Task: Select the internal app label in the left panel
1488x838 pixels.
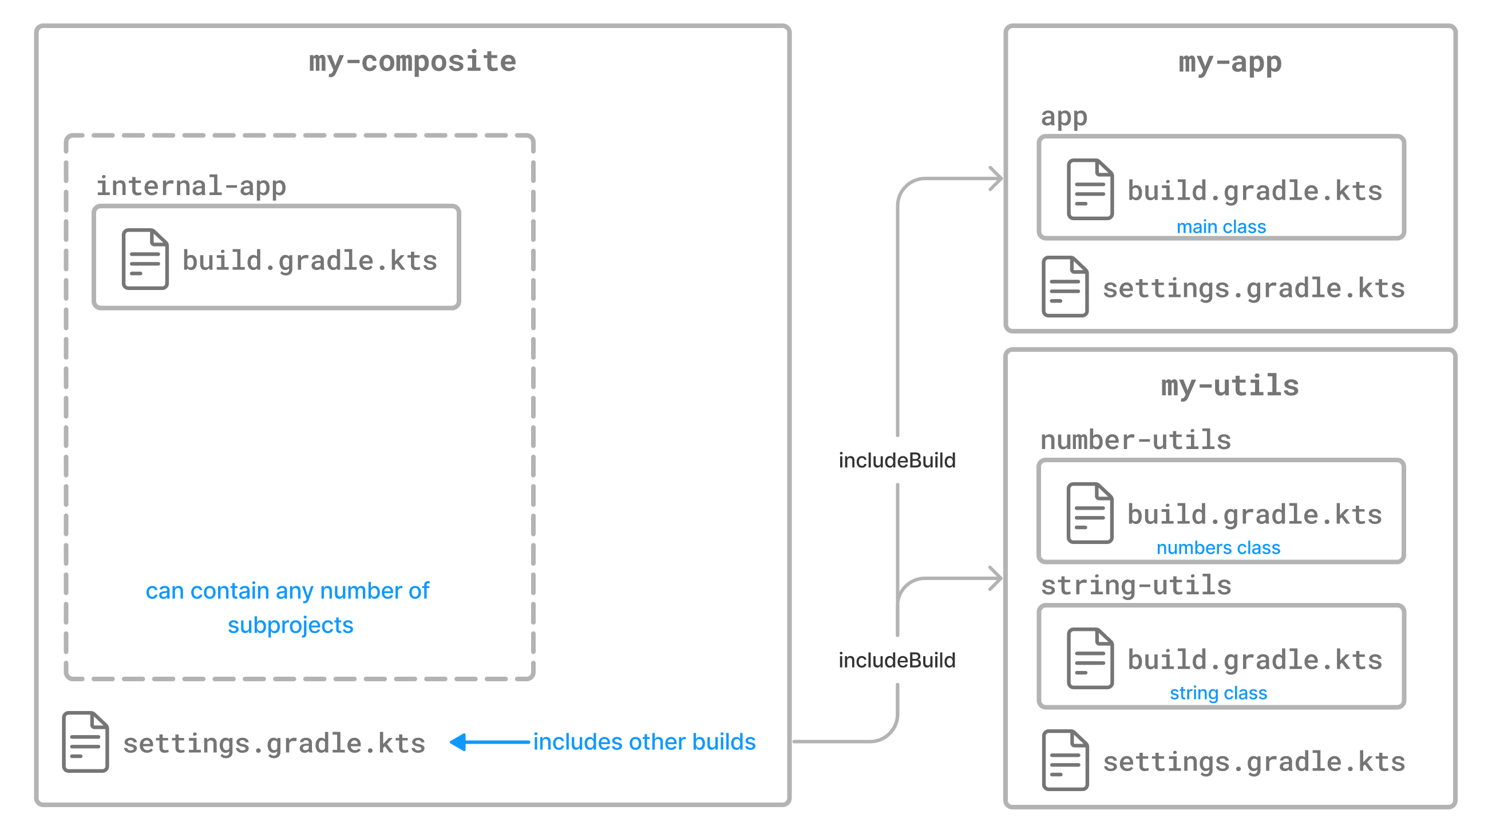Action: coord(191,186)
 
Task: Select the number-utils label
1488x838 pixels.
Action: coord(1132,440)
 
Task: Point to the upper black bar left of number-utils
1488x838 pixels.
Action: coord(921,460)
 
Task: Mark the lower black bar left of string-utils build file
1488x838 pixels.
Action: coord(921,660)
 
